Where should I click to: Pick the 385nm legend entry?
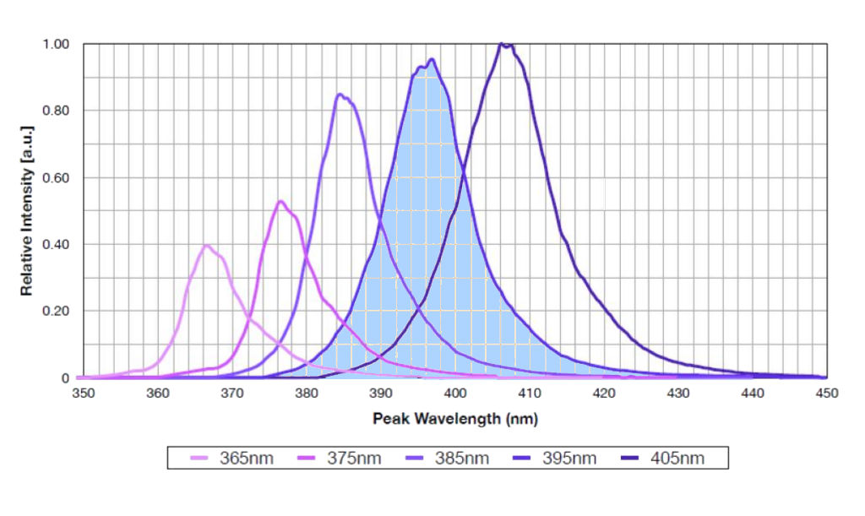point(449,459)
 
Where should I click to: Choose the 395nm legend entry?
point(557,459)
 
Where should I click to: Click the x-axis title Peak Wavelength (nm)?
point(454,418)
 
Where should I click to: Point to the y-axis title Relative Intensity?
point(27,211)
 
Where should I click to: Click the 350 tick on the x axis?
point(83,394)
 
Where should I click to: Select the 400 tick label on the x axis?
point(455,394)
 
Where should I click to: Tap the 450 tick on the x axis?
point(826,394)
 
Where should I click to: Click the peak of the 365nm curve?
point(206,245)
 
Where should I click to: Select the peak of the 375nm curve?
point(280,201)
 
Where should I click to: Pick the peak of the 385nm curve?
point(340,94)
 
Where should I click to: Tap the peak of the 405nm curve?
point(502,43)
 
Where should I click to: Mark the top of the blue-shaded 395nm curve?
point(432,59)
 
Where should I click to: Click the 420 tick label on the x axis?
point(604,394)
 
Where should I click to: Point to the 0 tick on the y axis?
point(66,377)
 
